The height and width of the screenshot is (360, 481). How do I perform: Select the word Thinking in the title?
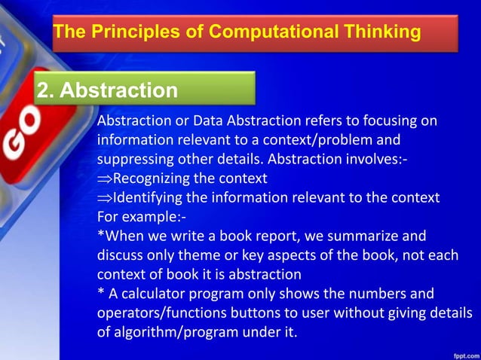coord(378,32)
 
